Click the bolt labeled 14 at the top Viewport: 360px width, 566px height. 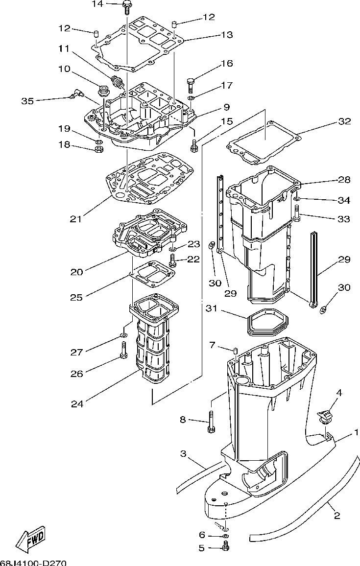coord(127,7)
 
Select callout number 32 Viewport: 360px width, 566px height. coord(344,121)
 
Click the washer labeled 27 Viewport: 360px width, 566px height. coord(123,336)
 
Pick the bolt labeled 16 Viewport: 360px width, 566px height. coord(191,85)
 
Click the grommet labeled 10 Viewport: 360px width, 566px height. coord(104,90)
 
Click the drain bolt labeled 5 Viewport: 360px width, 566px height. coord(226,547)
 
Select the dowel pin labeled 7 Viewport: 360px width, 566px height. coord(235,350)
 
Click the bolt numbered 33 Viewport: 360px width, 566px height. coord(297,213)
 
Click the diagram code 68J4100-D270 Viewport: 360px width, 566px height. coord(34,563)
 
